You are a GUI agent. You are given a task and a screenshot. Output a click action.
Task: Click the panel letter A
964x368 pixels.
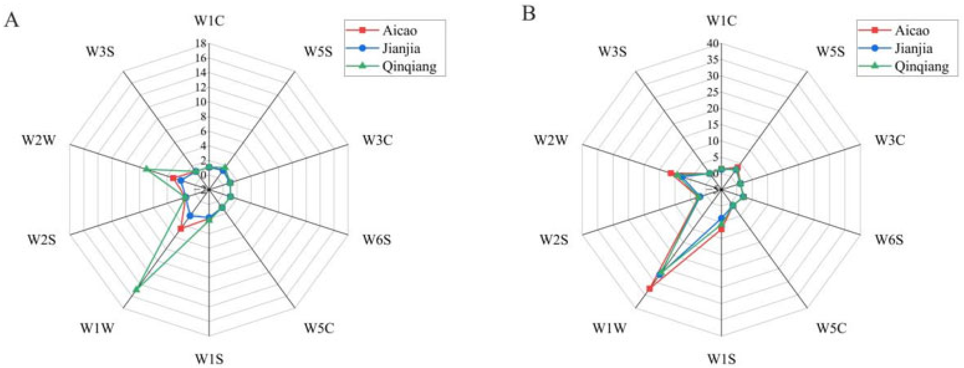coord(11,19)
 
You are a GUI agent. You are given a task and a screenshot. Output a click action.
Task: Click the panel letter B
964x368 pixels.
coord(529,14)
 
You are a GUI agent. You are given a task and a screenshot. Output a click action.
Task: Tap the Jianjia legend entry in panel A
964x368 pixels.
coord(401,48)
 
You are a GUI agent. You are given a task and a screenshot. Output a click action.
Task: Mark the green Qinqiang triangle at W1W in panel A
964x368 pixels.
coord(137,289)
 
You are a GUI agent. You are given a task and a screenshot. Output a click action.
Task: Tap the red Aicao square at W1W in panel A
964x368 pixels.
coord(181,229)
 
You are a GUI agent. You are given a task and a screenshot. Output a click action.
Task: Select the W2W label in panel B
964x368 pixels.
coord(551,140)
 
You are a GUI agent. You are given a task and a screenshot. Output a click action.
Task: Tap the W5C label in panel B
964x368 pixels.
coord(831,329)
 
